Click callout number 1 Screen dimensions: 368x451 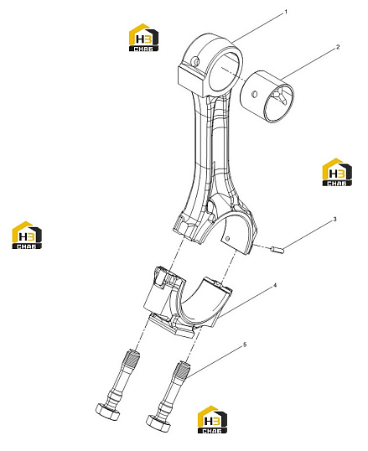(x=286, y=12)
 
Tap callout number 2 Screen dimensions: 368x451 (x=338, y=47)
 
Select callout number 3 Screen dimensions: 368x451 (x=334, y=219)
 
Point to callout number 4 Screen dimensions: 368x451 (x=275, y=285)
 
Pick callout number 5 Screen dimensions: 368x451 (x=245, y=345)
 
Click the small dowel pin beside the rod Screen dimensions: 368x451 (x=277, y=250)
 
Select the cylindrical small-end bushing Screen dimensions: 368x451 (x=267, y=96)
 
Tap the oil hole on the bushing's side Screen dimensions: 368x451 (x=254, y=94)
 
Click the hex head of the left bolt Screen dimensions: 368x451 (x=107, y=412)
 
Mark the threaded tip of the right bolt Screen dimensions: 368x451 (x=183, y=370)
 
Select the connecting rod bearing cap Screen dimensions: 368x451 (x=188, y=302)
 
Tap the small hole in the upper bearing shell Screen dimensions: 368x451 (x=228, y=238)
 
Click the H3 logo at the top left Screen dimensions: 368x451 (x=143, y=38)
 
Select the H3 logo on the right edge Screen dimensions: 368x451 (x=337, y=172)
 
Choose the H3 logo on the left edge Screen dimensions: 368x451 (x=27, y=236)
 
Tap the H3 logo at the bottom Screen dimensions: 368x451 (x=212, y=419)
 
